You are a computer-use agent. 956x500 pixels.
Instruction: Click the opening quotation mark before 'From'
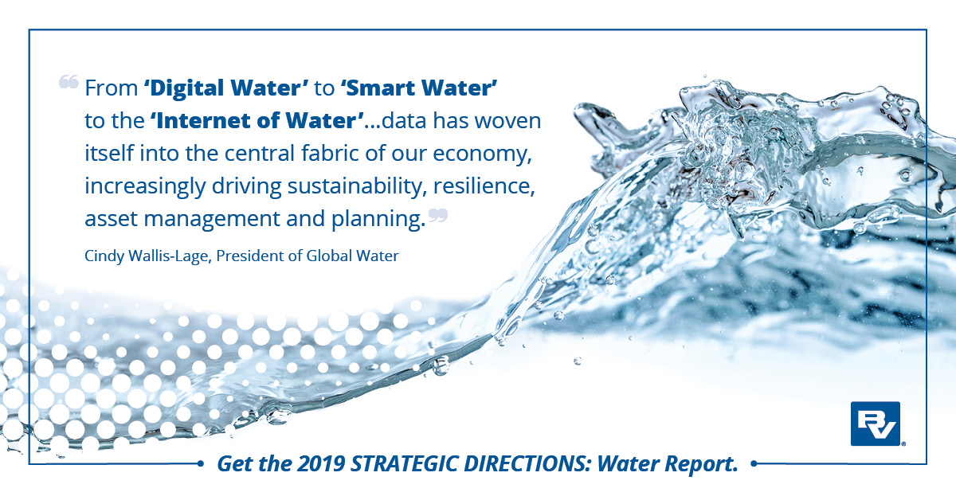69,82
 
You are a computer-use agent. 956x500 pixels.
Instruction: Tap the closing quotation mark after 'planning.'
438,215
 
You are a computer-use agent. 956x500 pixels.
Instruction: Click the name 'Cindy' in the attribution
101,256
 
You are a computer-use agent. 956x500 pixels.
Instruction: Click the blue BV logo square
875,423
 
